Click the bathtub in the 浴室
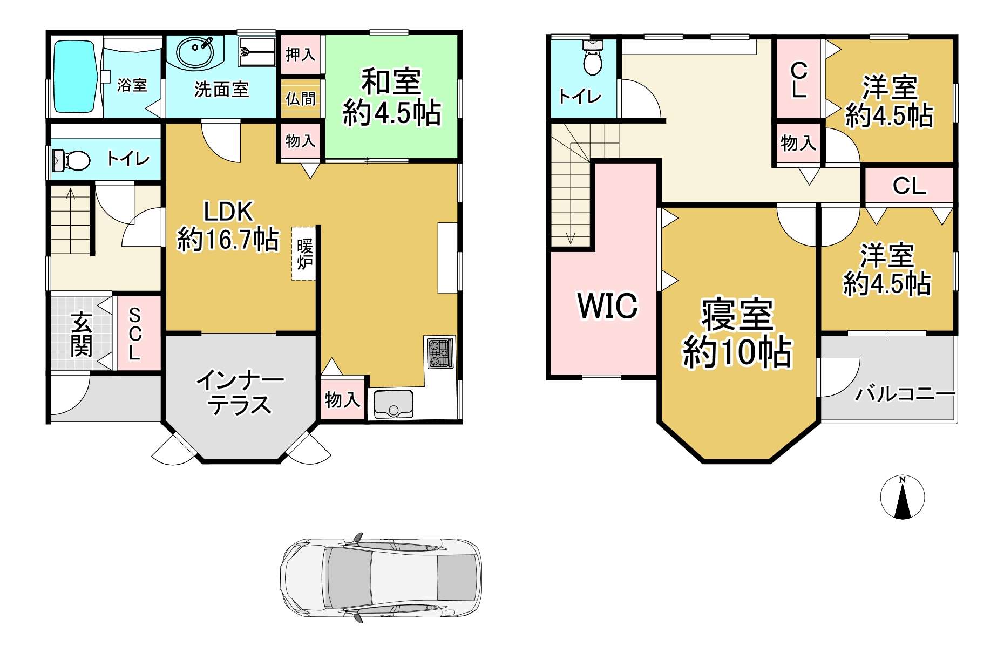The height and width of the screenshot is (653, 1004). click(x=76, y=77)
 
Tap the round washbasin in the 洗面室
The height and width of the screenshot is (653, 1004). click(x=194, y=52)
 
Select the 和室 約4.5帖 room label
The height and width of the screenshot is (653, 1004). click(x=392, y=97)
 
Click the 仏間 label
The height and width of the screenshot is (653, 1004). click(x=301, y=99)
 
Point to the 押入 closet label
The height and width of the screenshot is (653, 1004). click(x=301, y=55)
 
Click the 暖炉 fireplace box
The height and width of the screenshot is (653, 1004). click(x=304, y=254)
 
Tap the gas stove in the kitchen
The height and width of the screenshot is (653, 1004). click(x=440, y=353)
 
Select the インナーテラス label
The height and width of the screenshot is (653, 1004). click(x=240, y=392)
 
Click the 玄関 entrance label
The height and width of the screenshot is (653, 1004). click(x=82, y=335)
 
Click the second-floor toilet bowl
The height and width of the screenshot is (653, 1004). click(x=593, y=58)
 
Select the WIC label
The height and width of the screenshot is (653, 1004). click(x=608, y=305)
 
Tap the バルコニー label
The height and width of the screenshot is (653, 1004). click(x=905, y=394)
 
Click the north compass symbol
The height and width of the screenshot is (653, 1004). click(x=903, y=497)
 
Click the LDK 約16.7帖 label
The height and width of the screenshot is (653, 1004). click(x=228, y=226)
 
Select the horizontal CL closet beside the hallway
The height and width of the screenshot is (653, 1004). click(x=910, y=186)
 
